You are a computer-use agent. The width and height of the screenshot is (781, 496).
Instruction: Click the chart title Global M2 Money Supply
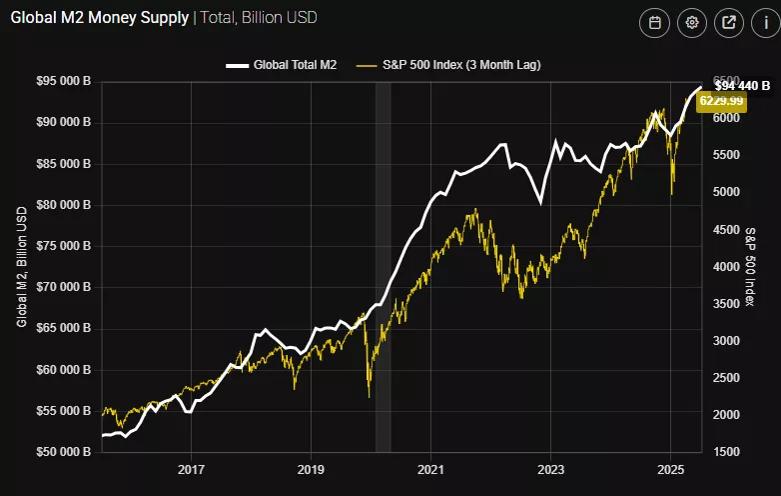[x=100, y=18]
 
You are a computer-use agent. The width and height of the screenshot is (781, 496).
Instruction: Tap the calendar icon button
[x=655, y=23]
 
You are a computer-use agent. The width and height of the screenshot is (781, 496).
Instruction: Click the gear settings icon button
[x=691, y=23]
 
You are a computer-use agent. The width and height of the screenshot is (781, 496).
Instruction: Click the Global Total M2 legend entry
[x=282, y=65]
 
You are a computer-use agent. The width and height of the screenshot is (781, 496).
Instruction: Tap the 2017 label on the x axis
[x=191, y=468]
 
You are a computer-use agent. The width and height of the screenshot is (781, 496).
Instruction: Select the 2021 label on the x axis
[x=430, y=468]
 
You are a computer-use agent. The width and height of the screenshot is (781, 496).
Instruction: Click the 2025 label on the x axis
[x=670, y=468]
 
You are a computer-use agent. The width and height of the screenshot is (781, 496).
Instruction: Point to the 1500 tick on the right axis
[x=728, y=452]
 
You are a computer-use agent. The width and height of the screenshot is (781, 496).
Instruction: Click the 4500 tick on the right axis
[x=728, y=229]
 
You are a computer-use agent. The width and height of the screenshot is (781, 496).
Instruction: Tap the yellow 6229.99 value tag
[x=721, y=100]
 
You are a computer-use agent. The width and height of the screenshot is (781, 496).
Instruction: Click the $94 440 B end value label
[x=742, y=86]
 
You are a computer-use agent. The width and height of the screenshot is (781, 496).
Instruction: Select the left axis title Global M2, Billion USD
[x=22, y=267]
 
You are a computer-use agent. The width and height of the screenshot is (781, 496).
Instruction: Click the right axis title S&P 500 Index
[x=750, y=266]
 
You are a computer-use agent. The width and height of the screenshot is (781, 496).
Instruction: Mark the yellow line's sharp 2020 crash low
[x=369, y=396]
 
